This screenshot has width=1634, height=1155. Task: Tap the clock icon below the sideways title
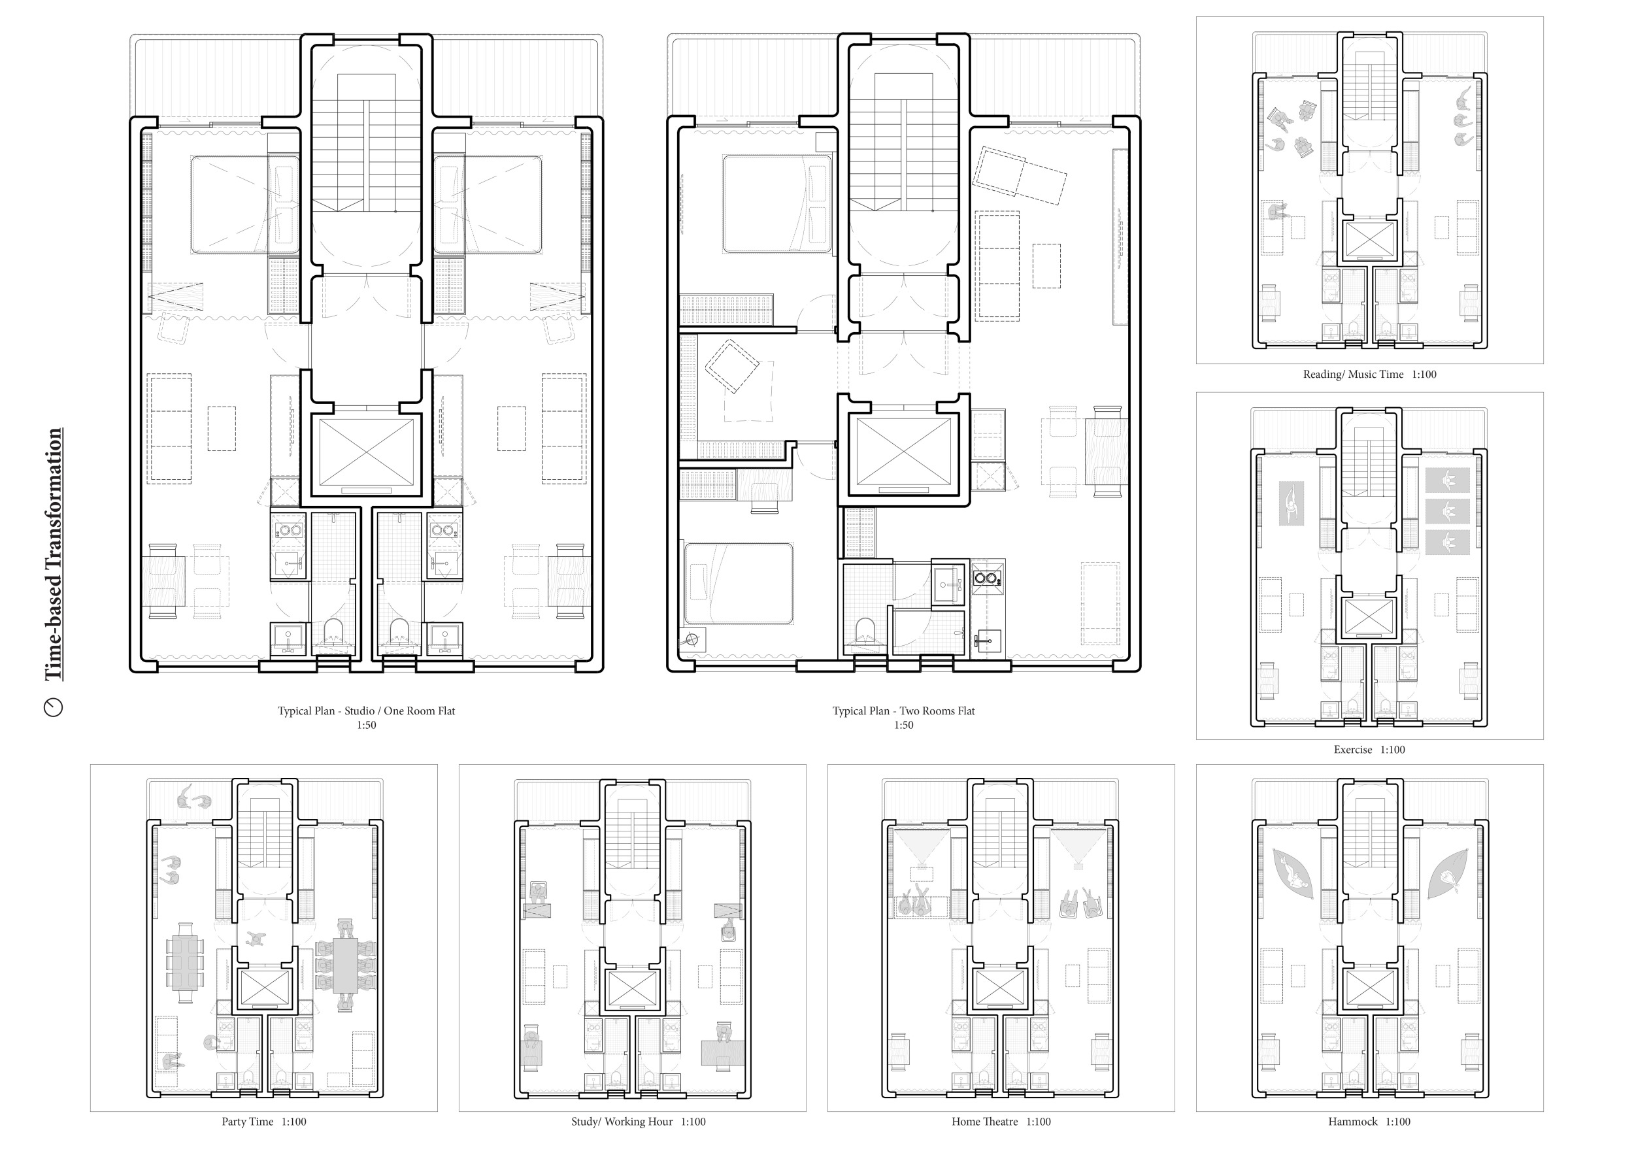[54, 707]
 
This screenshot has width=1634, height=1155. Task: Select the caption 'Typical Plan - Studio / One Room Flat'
[366, 711]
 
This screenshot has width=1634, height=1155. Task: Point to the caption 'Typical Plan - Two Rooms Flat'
[903, 711]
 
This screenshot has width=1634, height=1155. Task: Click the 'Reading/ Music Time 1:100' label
[1369, 375]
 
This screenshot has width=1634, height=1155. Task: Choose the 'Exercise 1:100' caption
[1369, 749]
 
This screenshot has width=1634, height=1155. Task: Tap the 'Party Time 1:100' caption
[264, 1122]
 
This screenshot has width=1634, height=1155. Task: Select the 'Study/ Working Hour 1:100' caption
[639, 1122]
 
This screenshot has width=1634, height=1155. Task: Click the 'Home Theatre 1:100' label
[1001, 1122]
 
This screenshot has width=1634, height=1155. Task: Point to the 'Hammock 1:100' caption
[1369, 1122]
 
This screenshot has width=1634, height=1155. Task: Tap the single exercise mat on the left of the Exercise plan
[1291, 504]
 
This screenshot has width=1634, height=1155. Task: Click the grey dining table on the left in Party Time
[185, 963]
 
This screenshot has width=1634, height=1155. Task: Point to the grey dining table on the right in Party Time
[346, 965]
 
